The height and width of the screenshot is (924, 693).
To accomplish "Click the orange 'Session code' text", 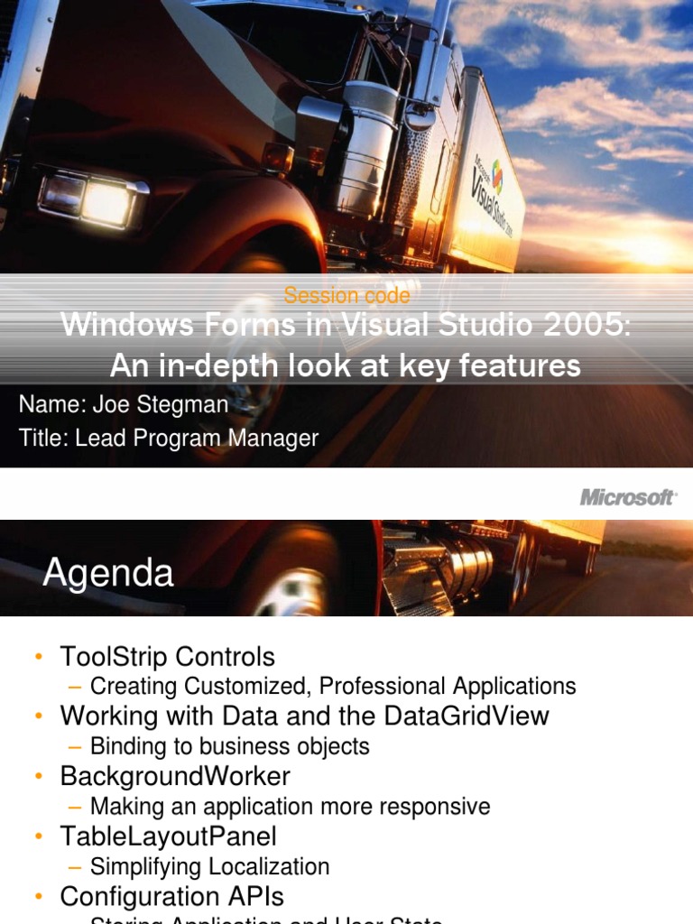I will pyautogui.click(x=346, y=295).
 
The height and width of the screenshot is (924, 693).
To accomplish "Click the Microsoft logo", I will pyautogui.click(x=628, y=497).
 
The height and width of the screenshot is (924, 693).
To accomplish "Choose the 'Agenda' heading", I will pyautogui.click(x=108, y=573).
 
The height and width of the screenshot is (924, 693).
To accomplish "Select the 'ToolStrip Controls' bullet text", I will pyautogui.click(x=167, y=656).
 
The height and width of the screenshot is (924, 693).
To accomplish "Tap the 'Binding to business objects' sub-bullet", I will pyautogui.click(x=230, y=746).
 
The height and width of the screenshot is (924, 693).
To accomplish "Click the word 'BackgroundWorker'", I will pyautogui.click(x=175, y=776).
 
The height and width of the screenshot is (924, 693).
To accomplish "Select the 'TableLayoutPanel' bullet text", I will pyautogui.click(x=168, y=836).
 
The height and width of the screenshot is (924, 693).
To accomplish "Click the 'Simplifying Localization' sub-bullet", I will pyautogui.click(x=209, y=866).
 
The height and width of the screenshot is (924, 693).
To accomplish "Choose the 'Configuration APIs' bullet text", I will pyautogui.click(x=171, y=896).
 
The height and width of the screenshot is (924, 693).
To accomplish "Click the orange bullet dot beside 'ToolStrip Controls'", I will pyautogui.click(x=38, y=657).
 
